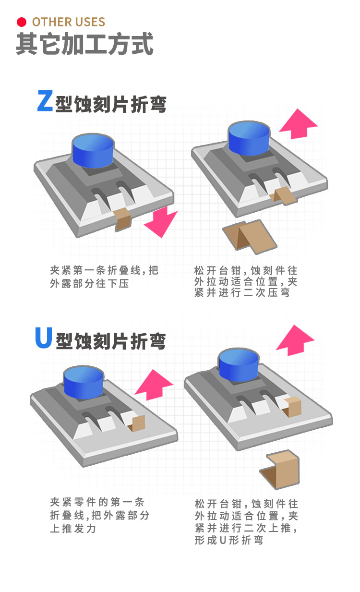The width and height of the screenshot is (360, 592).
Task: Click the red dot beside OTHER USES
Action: coord(21,22)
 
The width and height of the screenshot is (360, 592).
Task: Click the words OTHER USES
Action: coord(68,22)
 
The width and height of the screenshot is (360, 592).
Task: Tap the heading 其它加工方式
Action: coord(84,44)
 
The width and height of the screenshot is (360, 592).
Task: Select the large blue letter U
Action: coord(44,338)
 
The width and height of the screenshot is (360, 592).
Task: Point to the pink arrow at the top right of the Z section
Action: coord(298,124)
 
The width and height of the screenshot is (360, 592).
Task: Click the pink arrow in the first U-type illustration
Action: coord(153,385)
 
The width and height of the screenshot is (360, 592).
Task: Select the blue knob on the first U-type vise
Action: coord(84,381)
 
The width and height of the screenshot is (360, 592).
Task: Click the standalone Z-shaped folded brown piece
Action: coord(250,237)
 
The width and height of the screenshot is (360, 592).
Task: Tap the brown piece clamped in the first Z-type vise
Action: coord(123,218)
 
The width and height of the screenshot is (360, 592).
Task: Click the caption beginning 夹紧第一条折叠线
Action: coord(104,277)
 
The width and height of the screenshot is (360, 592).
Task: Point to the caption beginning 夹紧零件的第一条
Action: coord(100,515)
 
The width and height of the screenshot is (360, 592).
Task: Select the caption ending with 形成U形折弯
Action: coord(246,522)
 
